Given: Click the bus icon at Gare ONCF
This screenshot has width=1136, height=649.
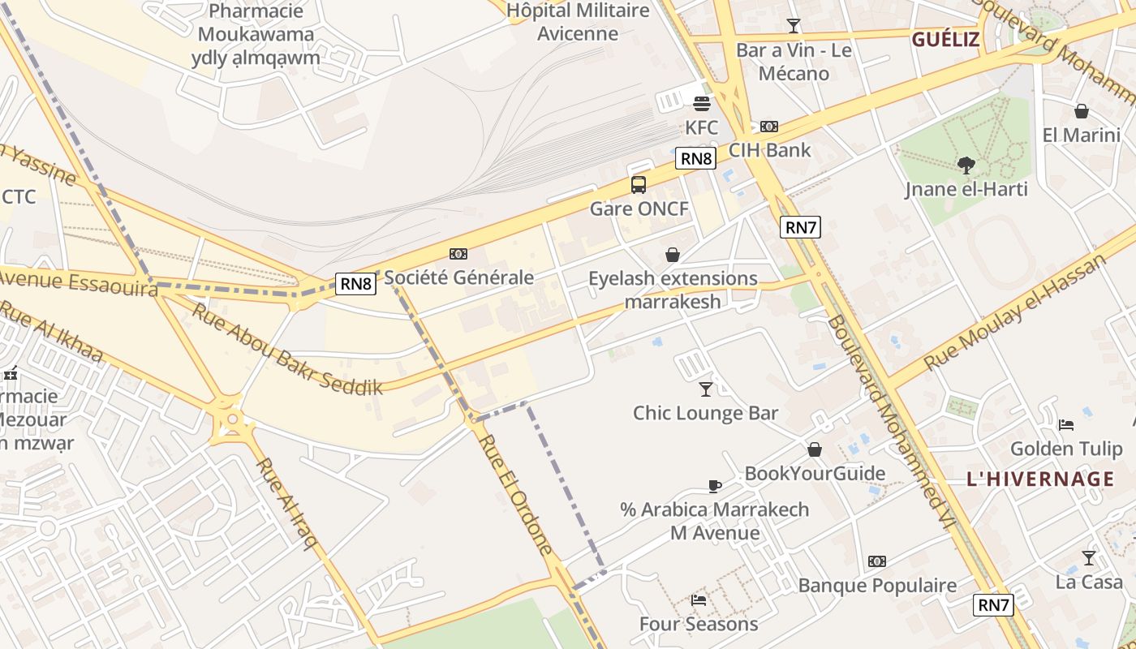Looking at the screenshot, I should coord(639,185).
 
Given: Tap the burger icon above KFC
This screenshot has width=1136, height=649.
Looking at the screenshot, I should coord(702,103).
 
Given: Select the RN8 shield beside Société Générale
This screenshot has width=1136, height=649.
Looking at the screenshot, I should coord(355,283).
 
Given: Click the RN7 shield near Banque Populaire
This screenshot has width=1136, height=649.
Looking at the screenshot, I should coord(993,604).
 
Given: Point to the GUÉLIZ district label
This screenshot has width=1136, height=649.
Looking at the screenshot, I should coord(945,40).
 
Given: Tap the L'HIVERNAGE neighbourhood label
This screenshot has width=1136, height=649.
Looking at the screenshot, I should coord(1040,479).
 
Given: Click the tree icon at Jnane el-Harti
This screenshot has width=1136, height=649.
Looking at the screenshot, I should coord(966,165).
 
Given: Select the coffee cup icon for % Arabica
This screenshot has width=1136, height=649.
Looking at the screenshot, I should coord(714,486).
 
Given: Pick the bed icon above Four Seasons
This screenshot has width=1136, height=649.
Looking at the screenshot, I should coord(698,600).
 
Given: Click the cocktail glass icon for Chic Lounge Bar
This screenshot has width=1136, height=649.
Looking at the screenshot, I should coord(705,389).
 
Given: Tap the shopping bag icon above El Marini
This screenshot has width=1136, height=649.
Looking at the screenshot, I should coord(1081,111).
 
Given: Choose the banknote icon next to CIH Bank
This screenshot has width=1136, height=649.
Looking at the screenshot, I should coord(768,127).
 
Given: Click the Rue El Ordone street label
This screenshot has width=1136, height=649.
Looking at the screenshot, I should coord(517,495).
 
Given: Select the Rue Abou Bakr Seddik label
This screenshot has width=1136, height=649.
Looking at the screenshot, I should coord(286,349).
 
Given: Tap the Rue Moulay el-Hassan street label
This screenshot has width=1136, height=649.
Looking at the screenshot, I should coord(1016,312).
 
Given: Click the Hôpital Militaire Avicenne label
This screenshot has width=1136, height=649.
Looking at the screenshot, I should coord(578,22).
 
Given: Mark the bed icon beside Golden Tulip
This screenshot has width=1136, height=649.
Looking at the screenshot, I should coord(1066,424).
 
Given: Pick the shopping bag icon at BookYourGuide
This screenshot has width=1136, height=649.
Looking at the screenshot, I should coord(815,449).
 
